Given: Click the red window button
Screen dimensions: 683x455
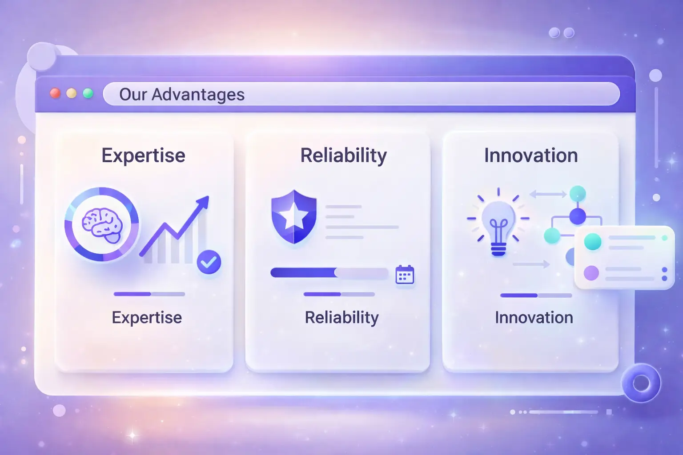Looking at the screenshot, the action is (x=55, y=93).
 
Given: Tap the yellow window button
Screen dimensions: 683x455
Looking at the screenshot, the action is (x=72, y=93).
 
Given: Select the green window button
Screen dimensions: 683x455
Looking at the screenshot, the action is (x=88, y=93).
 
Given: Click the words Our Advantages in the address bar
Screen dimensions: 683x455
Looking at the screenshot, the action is (x=182, y=95).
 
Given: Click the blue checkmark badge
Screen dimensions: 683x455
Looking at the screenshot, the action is (x=209, y=262).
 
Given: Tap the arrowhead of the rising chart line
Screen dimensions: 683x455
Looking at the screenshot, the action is (x=203, y=202).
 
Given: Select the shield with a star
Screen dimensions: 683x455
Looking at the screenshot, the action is (x=294, y=217).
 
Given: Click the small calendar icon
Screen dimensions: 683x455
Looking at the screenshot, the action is (x=405, y=275).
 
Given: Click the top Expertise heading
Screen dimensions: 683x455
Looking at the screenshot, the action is (x=143, y=156).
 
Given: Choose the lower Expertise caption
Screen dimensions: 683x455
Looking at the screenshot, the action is (x=147, y=318).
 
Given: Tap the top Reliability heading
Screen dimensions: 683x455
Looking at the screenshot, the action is (x=344, y=156).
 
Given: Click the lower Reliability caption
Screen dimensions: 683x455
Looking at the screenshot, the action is (x=342, y=318).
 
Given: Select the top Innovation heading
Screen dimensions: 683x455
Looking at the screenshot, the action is (x=531, y=156).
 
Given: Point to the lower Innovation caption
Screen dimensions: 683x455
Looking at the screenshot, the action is (x=534, y=318).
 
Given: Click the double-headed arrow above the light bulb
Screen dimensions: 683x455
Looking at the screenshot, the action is (x=548, y=194).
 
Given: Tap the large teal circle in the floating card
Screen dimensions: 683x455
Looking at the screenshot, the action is (x=593, y=242).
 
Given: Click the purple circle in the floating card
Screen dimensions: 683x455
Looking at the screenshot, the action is (x=591, y=273).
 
